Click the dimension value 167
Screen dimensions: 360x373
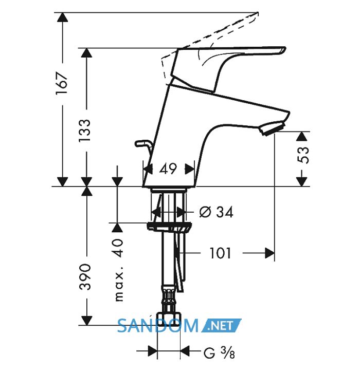point(62,83)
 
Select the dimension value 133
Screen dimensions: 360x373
point(85,130)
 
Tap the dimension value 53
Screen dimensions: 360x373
point(303,155)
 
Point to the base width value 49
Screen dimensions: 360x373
point(168,169)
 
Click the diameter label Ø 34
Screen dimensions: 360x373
point(216,212)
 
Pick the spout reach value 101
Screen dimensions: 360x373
point(220,253)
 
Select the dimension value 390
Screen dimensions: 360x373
point(85,277)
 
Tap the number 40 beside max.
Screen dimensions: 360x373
point(119,248)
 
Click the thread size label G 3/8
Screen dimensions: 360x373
point(219,352)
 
